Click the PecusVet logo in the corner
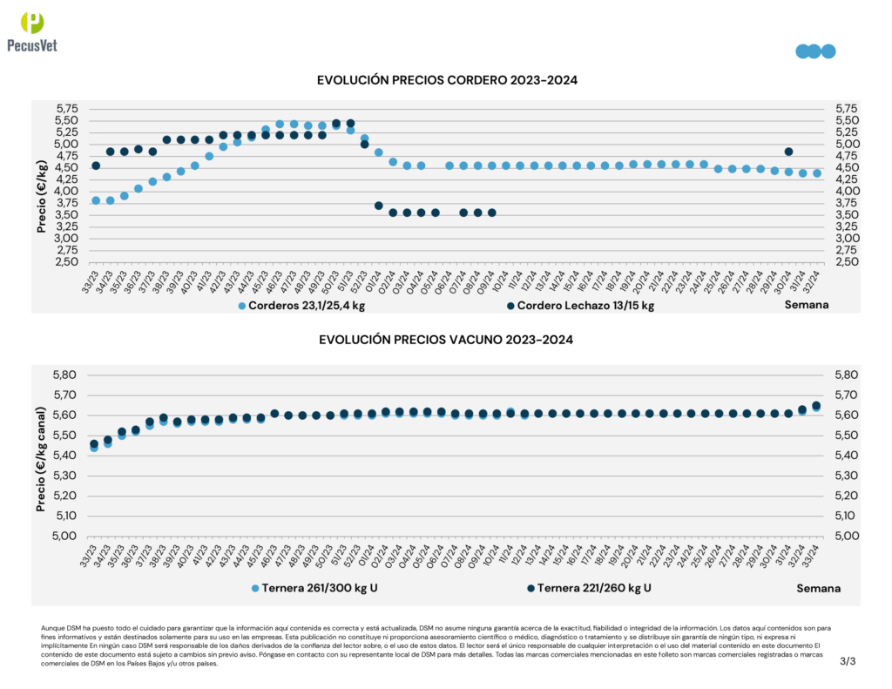[x=31, y=32]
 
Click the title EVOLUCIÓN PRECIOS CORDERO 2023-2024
[x=448, y=80]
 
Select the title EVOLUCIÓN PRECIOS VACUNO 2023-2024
[x=448, y=340]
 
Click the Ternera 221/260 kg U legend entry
[x=589, y=588]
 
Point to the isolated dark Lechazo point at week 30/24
[x=788, y=152]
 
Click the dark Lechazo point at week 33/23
[x=96, y=165]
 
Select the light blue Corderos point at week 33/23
[x=96, y=200]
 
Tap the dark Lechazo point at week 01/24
[x=379, y=206]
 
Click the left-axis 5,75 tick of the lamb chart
[x=66, y=108]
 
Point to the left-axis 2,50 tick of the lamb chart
[x=66, y=261]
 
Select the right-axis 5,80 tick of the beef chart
[x=848, y=375]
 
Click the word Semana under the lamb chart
[x=806, y=305]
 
